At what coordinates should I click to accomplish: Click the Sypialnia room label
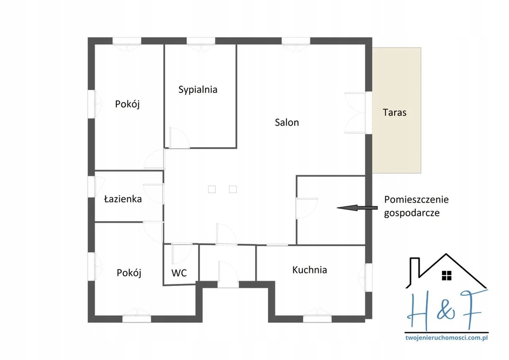pyautogui.click(x=198, y=90)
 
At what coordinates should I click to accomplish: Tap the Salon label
pyautogui.click(x=287, y=122)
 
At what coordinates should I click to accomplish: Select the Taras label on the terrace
pyautogui.click(x=394, y=112)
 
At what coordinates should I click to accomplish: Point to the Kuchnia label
pyautogui.click(x=309, y=270)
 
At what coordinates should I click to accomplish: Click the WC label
pyautogui.click(x=179, y=273)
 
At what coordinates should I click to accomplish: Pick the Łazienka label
pyautogui.click(x=123, y=199)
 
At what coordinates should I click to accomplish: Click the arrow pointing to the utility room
pyautogui.click(x=357, y=208)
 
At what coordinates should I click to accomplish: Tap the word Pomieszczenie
pyautogui.click(x=417, y=199)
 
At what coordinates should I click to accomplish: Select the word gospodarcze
pyautogui.click(x=412, y=213)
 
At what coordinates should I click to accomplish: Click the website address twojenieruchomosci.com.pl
pyautogui.click(x=447, y=338)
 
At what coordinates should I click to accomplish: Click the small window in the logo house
pyautogui.click(x=447, y=275)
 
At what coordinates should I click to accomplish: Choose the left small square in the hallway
pyautogui.click(x=212, y=189)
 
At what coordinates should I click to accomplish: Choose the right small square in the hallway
pyautogui.click(x=233, y=189)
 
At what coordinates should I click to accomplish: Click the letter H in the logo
pyautogui.click(x=421, y=310)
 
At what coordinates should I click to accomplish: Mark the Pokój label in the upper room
pyautogui.click(x=127, y=104)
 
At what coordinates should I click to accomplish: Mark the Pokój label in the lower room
pyautogui.click(x=129, y=272)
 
